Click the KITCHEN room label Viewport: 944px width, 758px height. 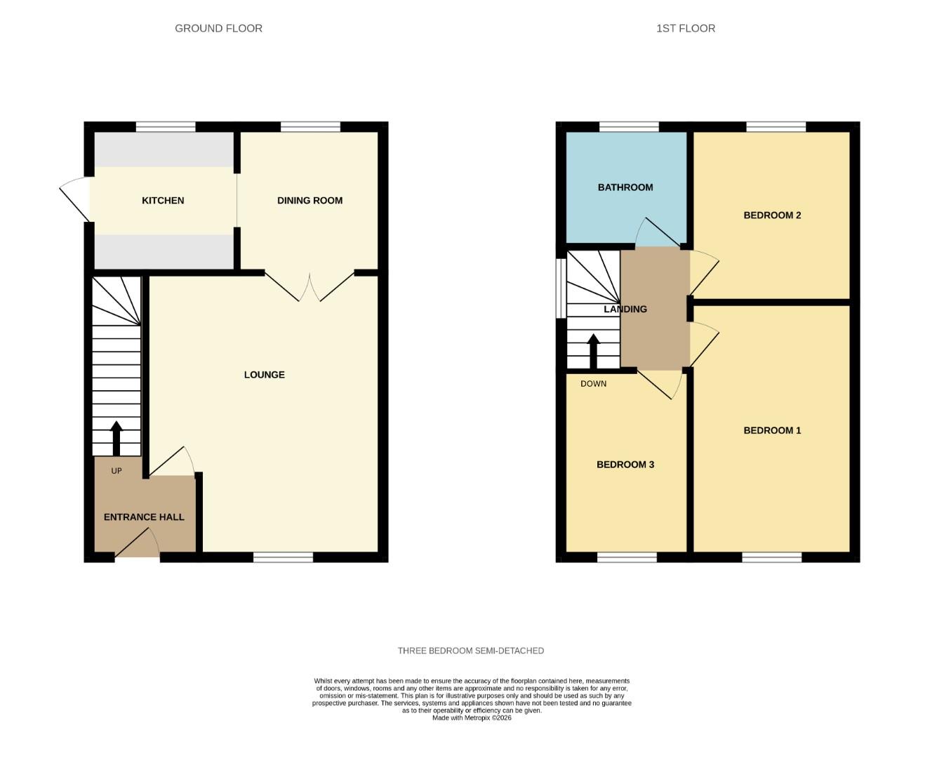(x=163, y=201)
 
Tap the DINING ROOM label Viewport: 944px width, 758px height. (x=310, y=201)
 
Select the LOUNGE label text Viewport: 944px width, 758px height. (x=264, y=375)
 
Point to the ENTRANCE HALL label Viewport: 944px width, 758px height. (x=144, y=517)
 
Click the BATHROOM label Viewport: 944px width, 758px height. (x=625, y=187)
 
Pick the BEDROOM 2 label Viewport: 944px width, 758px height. (x=772, y=215)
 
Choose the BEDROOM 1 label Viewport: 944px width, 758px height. (x=772, y=430)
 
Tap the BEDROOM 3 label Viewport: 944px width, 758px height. (x=625, y=465)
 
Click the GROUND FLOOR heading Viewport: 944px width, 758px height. (x=218, y=29)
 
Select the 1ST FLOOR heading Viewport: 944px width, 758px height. (x=686, y=29)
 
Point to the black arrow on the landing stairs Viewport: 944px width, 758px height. (x=593, y=351)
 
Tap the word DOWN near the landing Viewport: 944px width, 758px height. (x=593, y=384)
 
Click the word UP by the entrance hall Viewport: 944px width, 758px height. (x=117, y=471)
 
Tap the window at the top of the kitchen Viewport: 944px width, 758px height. (x=166, y=127)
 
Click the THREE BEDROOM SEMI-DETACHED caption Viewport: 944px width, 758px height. (x=470, y=651)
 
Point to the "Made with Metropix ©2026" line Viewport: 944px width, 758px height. (x=472, y=718)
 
